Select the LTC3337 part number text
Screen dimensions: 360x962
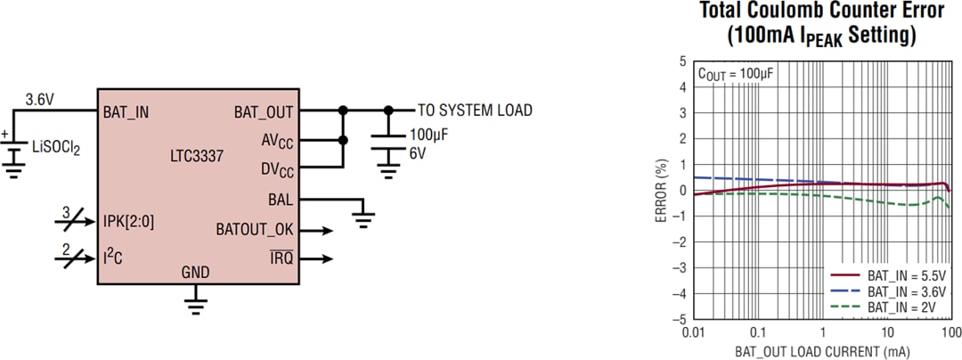197,156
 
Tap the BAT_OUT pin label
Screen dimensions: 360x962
263,111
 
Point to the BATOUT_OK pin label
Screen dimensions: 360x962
255,229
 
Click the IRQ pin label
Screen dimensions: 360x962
281,258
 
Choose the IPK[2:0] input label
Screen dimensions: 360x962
128,221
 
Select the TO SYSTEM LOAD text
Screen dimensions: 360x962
475,110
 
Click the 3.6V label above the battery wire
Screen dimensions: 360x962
40,99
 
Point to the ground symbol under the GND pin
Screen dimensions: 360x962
195,306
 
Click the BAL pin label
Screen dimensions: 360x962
280,200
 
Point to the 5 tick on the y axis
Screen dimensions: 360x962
681,61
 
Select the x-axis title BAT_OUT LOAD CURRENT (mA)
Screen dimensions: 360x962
822,350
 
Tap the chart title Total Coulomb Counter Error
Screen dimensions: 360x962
821,12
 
